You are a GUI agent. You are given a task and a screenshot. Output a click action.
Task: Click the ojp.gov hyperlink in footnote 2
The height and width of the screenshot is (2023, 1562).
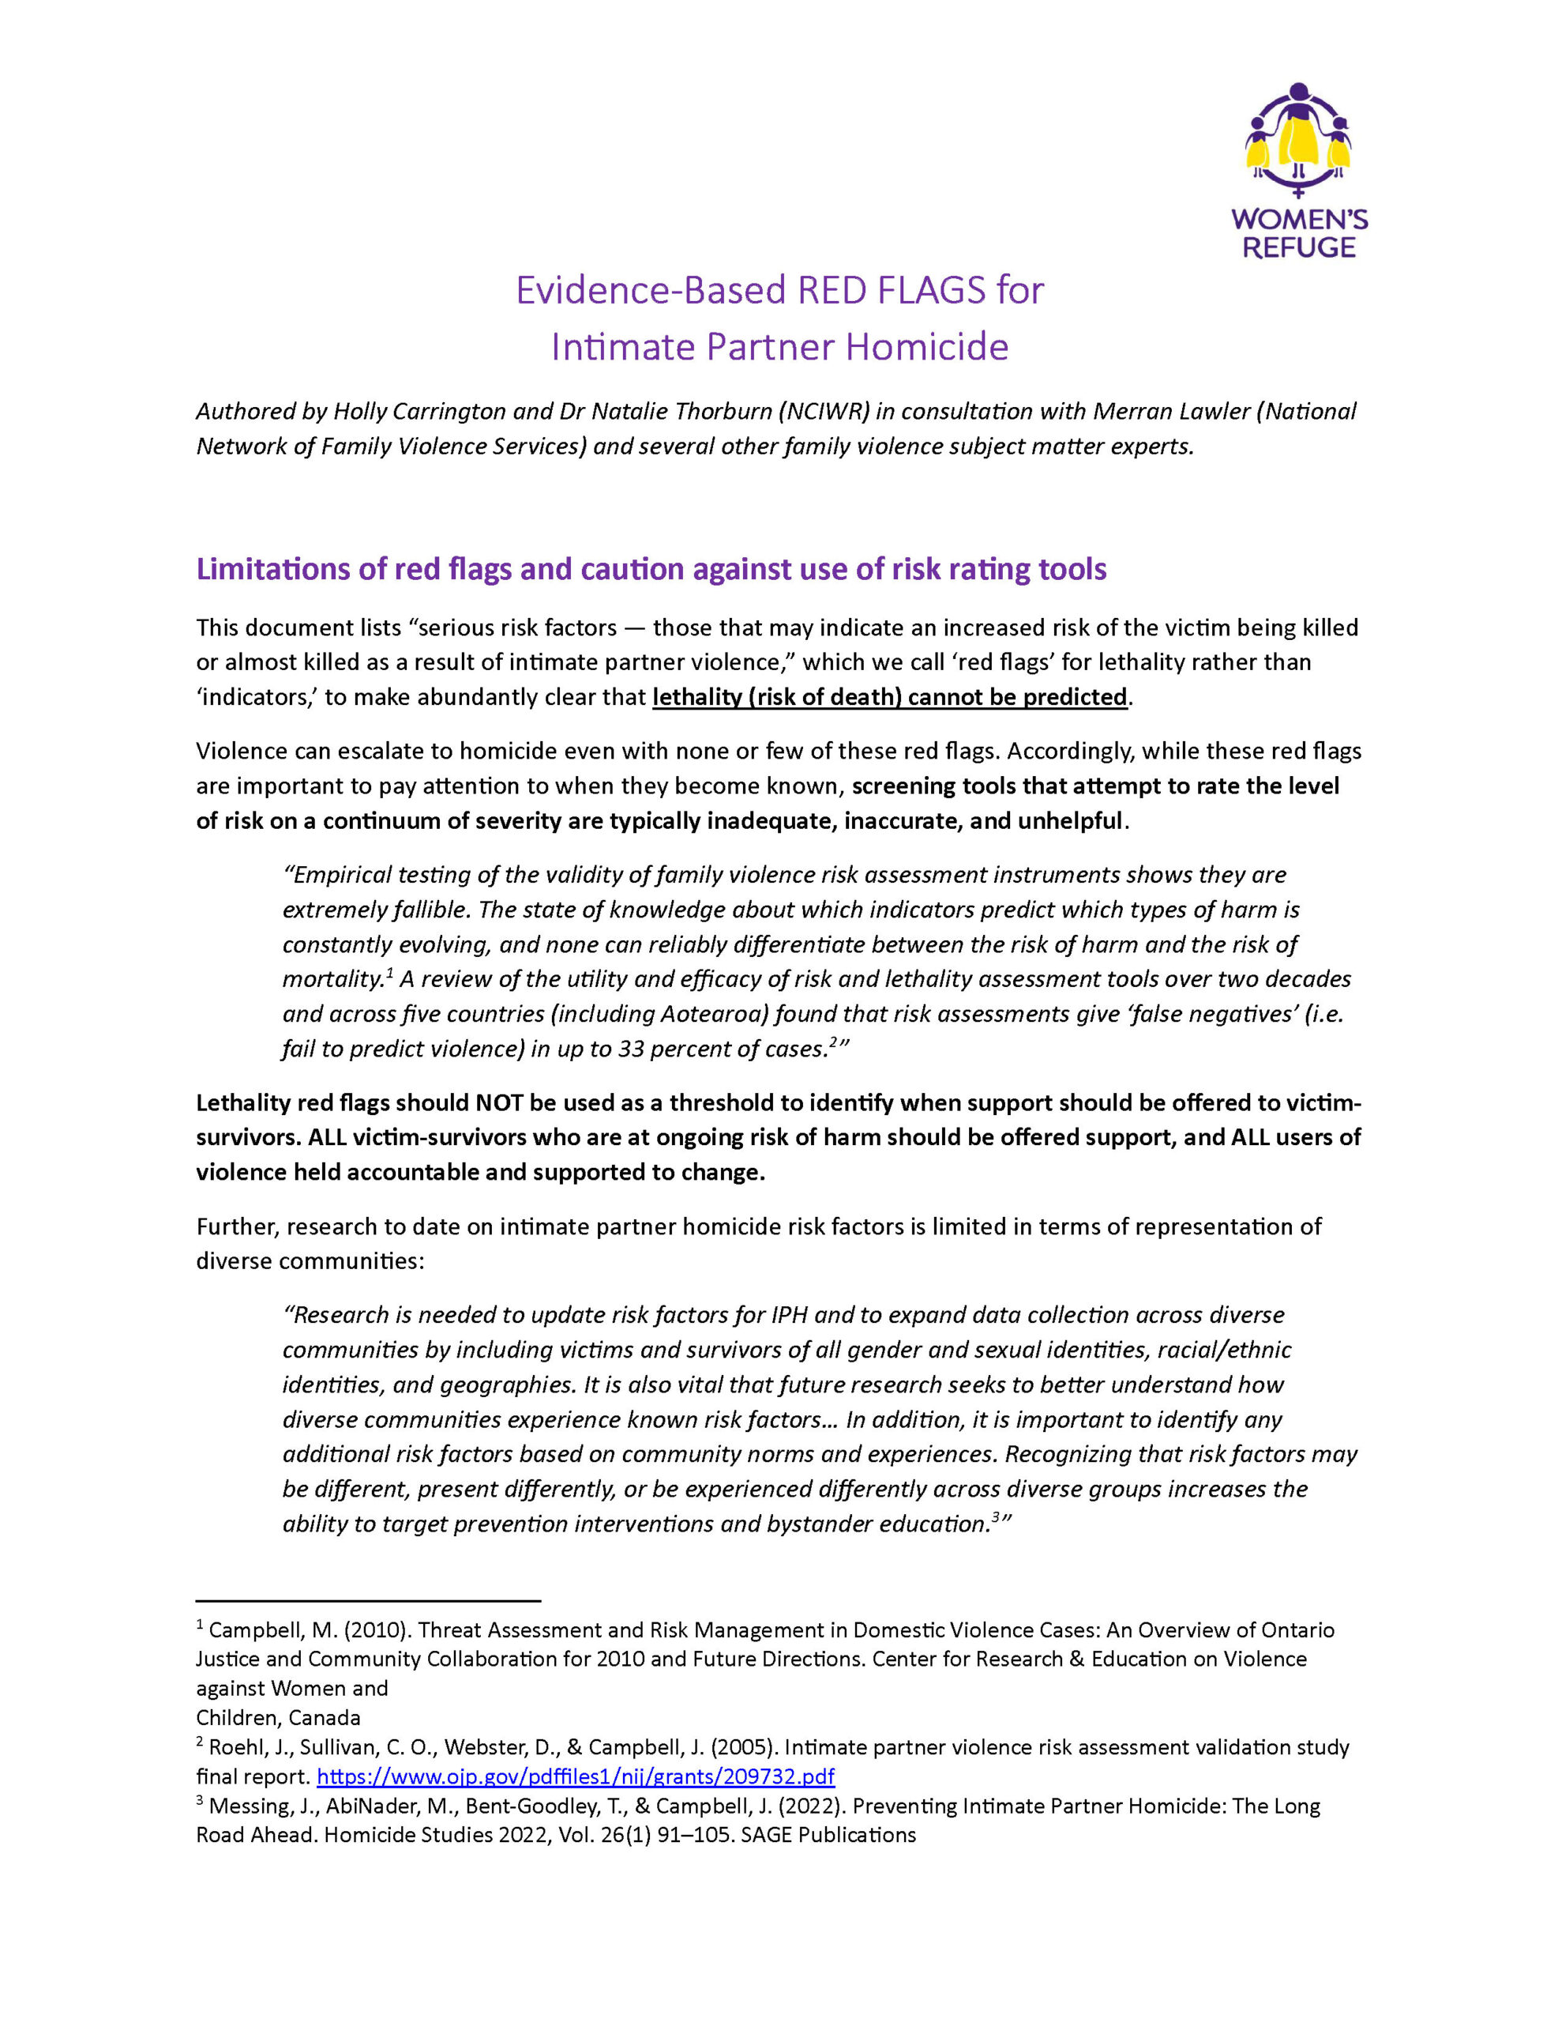[x=575, y=1776]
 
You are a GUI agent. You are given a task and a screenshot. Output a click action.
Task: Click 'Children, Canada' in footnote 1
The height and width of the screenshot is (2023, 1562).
[x=278, y=1717]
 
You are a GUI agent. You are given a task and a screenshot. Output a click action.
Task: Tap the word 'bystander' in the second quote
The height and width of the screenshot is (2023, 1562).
[x=820, y=1523]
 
